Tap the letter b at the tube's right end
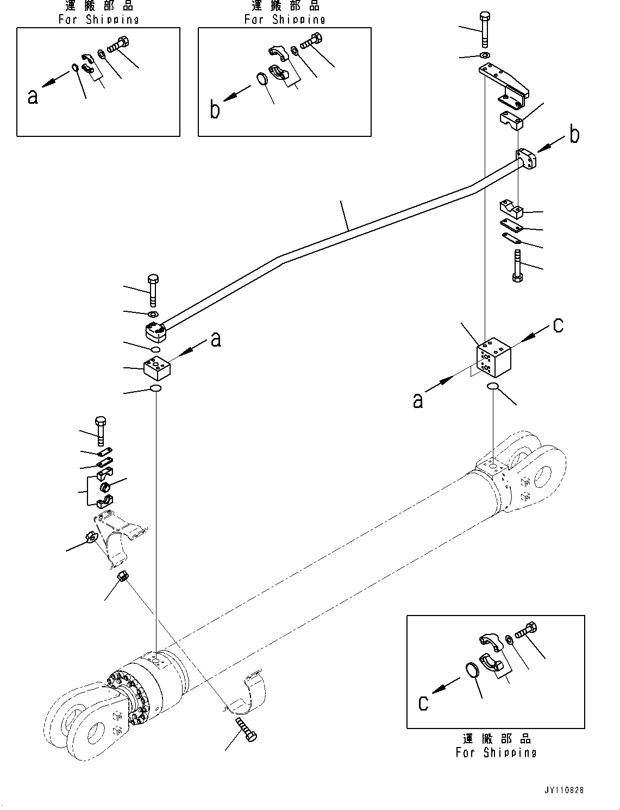[x=574, y=135]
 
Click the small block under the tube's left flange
[x=157, y=368]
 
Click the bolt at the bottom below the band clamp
[x=246, y=729]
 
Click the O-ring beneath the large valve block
[x=493, y=386]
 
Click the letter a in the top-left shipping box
[x=33, y=97]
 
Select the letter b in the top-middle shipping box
[x=215, y=110]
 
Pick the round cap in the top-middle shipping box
[x=262, y=79]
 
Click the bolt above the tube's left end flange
[x=153, y=290]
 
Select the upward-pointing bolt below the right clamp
[x=517, y=266]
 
